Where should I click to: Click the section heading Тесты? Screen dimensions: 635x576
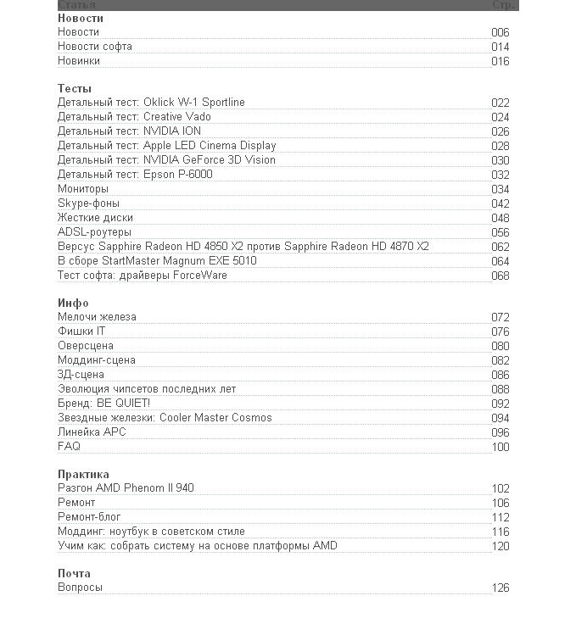75,88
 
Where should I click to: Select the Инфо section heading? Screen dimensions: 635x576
73,303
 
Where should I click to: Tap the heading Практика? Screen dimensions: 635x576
83,474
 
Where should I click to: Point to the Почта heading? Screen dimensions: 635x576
74,573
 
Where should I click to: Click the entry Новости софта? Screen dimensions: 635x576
95,47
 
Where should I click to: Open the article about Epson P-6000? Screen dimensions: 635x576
135,175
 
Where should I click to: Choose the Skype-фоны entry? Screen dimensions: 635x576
88,203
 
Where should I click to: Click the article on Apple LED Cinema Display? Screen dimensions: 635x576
166,146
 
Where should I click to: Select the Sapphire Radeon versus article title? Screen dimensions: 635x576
243,247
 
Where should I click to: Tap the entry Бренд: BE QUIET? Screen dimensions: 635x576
103,404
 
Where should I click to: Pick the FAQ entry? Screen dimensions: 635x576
69,447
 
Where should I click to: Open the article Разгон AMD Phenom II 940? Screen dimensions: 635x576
126,488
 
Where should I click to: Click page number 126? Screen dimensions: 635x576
501,588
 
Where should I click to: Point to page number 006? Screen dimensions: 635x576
501,33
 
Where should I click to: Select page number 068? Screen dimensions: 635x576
501,276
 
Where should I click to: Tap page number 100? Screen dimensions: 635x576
501,447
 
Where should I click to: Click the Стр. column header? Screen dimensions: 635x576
501,5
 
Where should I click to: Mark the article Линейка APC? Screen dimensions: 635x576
92,432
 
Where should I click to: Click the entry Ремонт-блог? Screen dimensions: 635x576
90,517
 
